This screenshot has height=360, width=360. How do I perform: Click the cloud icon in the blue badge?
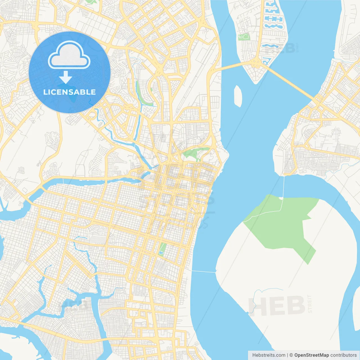pos(69,55)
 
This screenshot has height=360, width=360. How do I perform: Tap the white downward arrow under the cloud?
pos(66,77)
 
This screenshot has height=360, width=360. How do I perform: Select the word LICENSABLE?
pos(69,92)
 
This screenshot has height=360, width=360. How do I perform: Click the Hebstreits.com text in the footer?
pos(269,355)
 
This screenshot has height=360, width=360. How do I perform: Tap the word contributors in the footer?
pos(343,355)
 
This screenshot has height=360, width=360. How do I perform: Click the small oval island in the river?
pos(238,96)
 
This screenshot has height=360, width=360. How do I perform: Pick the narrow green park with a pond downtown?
pos(162,249)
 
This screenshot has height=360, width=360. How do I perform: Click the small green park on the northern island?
pos(244,37)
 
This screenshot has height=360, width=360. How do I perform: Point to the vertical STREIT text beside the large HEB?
pos(310,304)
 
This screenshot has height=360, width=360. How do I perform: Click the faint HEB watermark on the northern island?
pos(278,49)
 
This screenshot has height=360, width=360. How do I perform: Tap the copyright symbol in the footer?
pos(291,355)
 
